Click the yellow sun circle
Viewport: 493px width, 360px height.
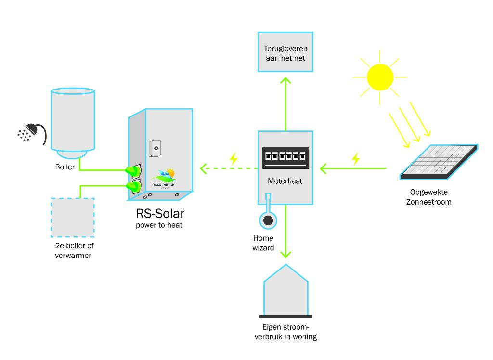[380, 77]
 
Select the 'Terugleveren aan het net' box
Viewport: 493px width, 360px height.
[285, 53]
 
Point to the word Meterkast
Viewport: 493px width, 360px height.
[285, 182]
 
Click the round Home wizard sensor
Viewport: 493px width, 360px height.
[267, 220]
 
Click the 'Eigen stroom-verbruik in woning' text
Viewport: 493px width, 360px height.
[285, 332]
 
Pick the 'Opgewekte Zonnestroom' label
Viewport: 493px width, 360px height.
[428, 197]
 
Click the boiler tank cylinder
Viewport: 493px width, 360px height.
[73, 120]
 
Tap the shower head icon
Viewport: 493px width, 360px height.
[32, 132]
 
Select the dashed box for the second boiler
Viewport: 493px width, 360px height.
[73, 217]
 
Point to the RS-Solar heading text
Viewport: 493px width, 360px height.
[161, 213]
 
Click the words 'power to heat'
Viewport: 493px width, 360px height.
[161, 225]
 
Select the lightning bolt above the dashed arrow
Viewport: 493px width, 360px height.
[234, 158]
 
